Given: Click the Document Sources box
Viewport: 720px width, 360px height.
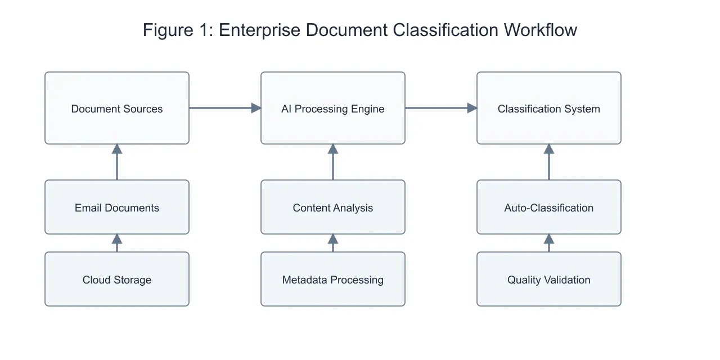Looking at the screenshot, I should (117, 108).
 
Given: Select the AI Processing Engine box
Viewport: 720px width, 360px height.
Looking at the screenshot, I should (333, 108).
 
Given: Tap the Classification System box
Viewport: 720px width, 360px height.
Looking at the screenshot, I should (549, 108).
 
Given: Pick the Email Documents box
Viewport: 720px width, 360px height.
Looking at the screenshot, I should (117, 207).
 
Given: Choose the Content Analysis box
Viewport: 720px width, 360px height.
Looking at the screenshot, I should (333, 207).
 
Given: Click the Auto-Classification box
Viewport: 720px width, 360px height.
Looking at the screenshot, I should (549, 207).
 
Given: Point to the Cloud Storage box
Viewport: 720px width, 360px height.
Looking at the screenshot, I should (117, 279).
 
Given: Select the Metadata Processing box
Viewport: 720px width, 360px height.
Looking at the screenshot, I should (333, 279).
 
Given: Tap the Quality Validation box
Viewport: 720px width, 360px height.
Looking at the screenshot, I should (549, 279).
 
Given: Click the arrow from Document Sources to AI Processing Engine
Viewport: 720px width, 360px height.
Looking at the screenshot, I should (225, 108).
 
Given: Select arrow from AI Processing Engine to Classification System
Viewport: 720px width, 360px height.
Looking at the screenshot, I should (441, 108).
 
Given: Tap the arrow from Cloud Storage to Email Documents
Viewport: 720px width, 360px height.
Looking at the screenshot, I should (117, 243).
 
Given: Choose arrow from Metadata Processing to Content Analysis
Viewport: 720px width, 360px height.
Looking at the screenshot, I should (333, 243).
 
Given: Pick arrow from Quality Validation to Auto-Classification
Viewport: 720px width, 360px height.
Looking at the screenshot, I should (549, 243).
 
